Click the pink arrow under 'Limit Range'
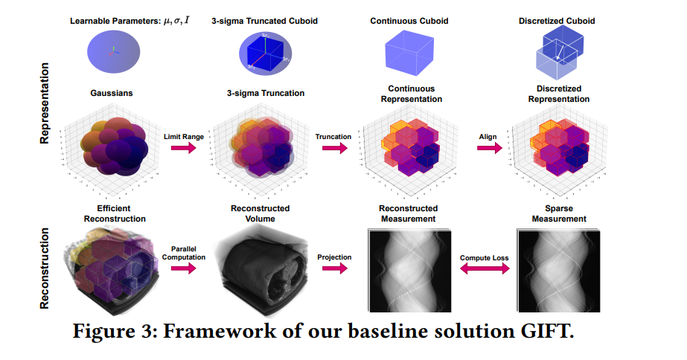pos(183,148)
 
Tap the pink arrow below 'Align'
pos(488,148)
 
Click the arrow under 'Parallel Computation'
pos(182,268)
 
